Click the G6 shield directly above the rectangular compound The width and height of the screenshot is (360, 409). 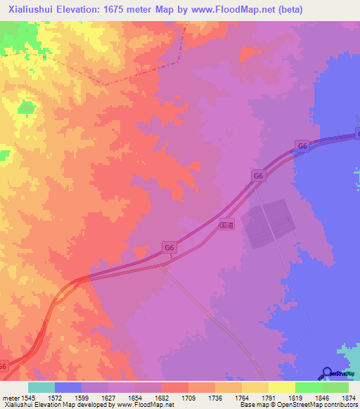259,176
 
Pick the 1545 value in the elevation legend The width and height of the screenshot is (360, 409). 27,396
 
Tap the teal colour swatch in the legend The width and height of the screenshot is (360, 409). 41,387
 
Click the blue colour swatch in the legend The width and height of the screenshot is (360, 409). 67,387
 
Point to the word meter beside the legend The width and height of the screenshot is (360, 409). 9,396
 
